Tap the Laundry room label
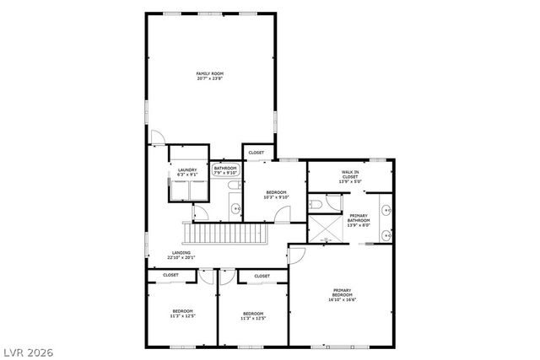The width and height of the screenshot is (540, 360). [x=187, y=172]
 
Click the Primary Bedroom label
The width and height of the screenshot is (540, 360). [x=343, y=295]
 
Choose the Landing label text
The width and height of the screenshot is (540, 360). [x=181, y=255]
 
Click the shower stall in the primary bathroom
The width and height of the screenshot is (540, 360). [x=322, y=228]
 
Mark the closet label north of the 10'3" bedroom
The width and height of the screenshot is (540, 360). [x=256, y=153]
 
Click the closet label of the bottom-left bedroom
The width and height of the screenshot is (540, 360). [x=170, y=275]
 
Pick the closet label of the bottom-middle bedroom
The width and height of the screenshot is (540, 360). [x=262, y=276]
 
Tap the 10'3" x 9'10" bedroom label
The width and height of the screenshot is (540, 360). [x=276, y=196]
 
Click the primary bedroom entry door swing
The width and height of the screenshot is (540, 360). [x=296, y=253]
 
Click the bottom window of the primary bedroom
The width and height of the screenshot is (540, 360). [x=341, y=346]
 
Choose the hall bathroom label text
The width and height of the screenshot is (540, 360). [x=225, y=170]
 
